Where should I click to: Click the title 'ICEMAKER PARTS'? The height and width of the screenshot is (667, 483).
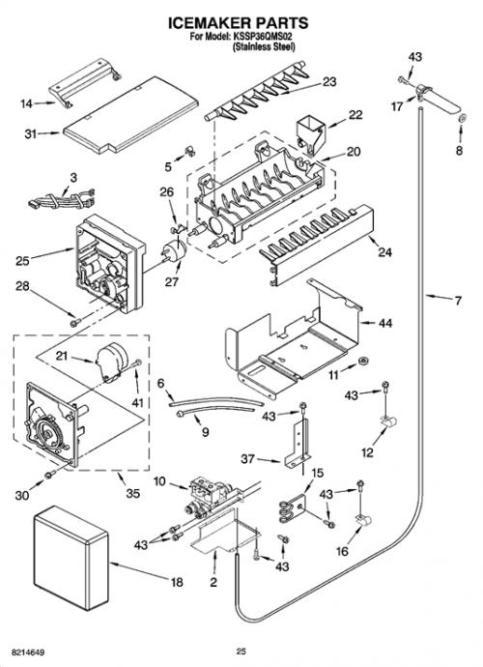pyautogui.click(x=238, y=23)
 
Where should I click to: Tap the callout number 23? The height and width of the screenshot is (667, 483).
pyautogui.click(x=329, y=81)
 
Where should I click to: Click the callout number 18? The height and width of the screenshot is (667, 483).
pyautogui.click(x=177, y=582)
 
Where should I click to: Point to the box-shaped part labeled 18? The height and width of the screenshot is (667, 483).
pyautogui.click(x=71, y=558)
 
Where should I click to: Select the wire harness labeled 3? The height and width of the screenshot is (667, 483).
pyautogui.click(x=61, y=199)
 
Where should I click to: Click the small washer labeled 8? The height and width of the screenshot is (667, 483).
pyautogui.click(x=463, y=118)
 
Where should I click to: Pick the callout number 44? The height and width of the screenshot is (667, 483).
pyautogui.click(x=385, y=323)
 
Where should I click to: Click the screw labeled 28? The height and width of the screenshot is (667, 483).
pyautogui.click(x=75, y=323)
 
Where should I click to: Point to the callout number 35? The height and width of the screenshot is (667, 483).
pyautogui.click(x=132, y=493)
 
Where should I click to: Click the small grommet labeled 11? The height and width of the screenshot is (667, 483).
pyautogui.click(x=363, y=362)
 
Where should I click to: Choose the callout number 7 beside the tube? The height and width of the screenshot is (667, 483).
pyautogui.click(x=458, y=301)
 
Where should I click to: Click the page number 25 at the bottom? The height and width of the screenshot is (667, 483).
pyautogui.click(x=241, y=651)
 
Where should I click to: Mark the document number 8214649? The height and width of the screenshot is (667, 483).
pyautogui.click(x=28, y=652)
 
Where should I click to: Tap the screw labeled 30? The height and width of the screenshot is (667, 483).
pyautogui.click(x=50, y=474)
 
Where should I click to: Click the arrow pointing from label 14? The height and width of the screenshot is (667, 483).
pyautogui.click(x=44, y=102)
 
